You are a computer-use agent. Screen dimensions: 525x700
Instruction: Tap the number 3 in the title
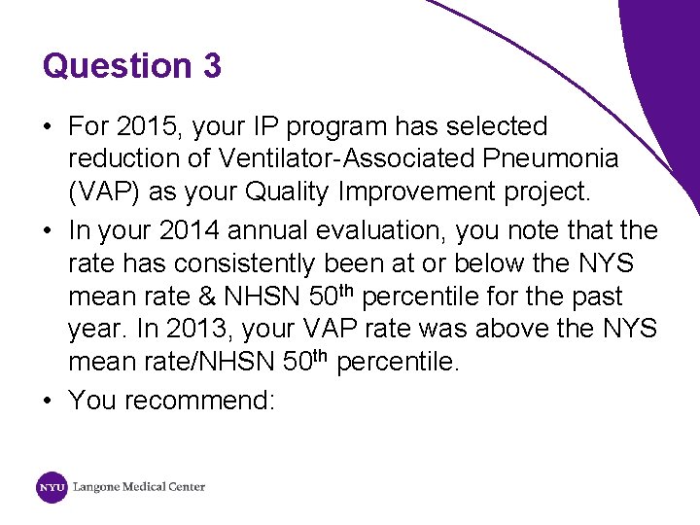[212, 66]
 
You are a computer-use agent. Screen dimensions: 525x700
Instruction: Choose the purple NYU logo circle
[52, 486]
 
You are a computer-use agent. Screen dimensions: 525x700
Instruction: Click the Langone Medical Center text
[139, 486]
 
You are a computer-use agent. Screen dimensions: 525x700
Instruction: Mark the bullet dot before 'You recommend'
[48, 401]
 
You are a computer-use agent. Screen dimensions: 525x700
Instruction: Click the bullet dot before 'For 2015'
[48, 126]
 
